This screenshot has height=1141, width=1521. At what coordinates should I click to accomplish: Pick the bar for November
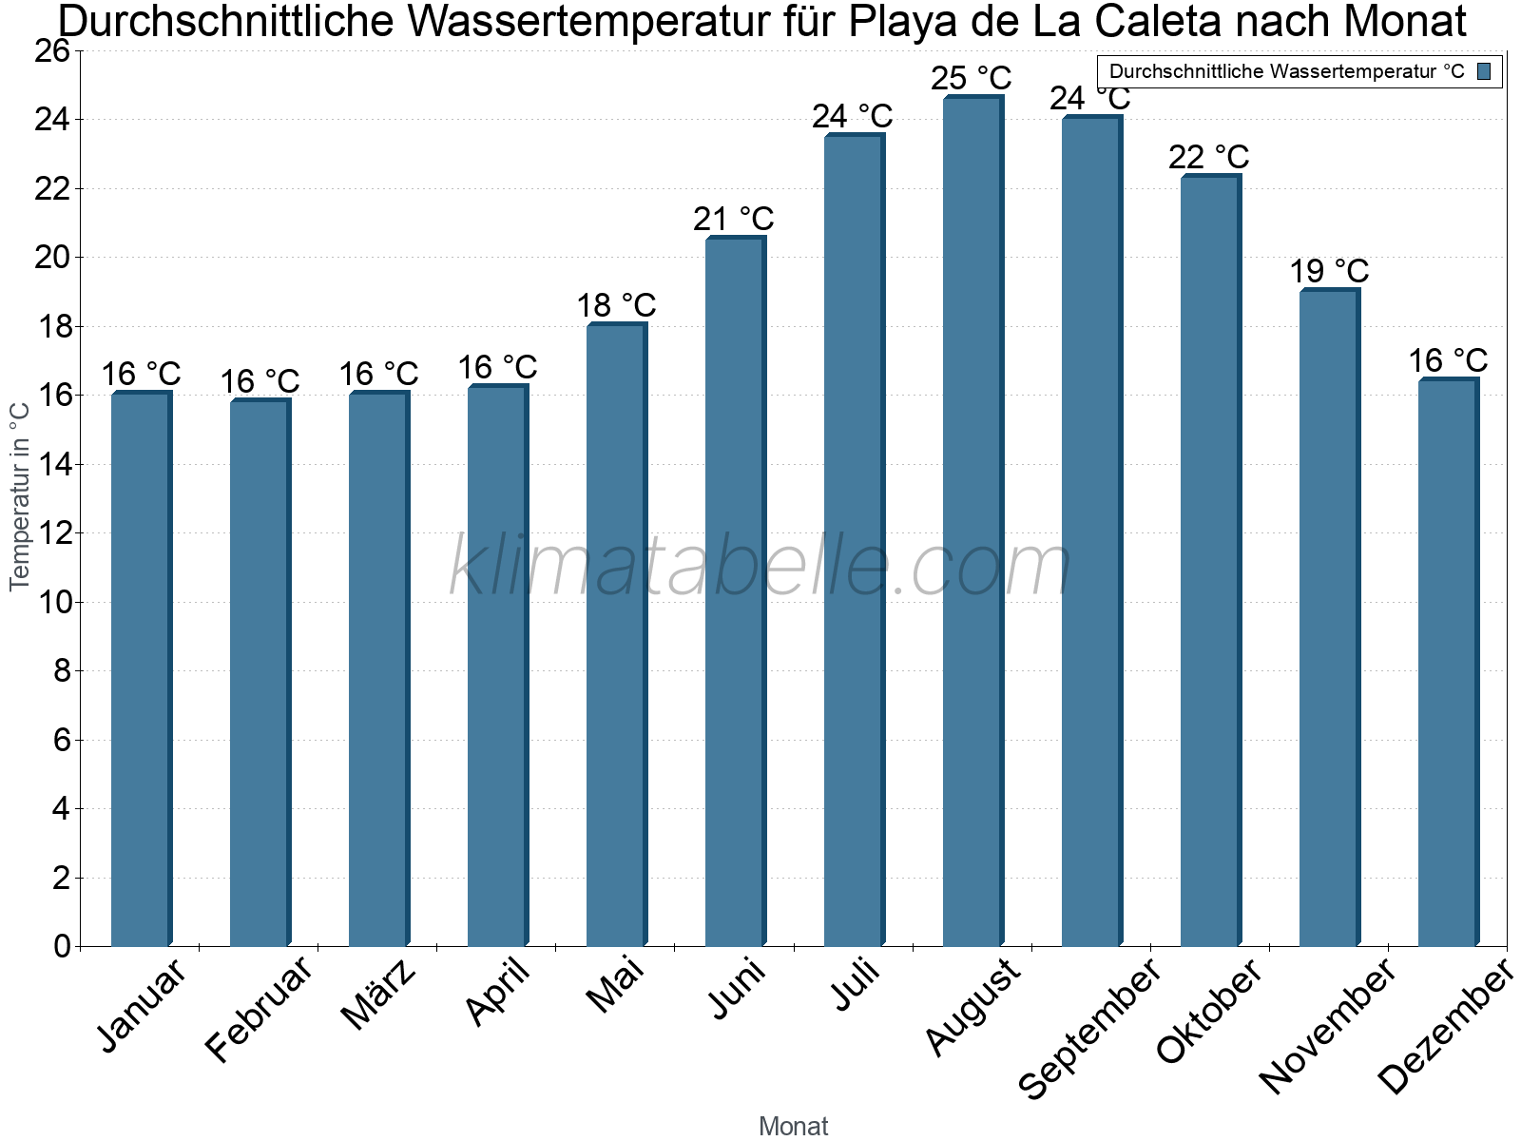(1329, 617)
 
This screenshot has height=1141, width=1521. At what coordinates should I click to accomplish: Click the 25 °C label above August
(971, 78)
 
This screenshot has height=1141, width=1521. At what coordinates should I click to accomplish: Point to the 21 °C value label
(733, 220)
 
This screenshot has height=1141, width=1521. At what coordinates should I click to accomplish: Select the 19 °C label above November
(1328, 272)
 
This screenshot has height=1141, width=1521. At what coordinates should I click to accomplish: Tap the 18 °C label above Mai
(616, 306)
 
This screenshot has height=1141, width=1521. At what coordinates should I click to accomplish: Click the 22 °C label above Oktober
(1208, 157)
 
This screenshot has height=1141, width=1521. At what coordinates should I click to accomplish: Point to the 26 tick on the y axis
(53, 51)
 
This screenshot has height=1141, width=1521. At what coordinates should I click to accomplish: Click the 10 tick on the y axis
(53, 603)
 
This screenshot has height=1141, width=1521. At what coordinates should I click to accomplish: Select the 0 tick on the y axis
(63, 947)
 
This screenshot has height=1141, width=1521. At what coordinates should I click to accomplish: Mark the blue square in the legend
(1484, 71)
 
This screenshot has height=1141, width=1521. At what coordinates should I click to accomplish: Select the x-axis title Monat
(793, 1127)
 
